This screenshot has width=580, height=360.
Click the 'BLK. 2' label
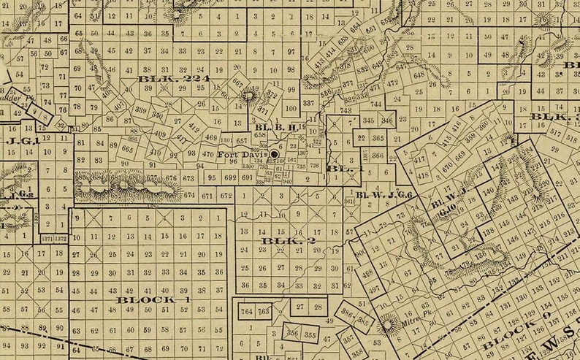(278, 240)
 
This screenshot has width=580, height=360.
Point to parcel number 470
(207, 154)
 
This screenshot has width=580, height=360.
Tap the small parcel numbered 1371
(47, 239)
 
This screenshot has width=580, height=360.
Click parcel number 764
(247, 312)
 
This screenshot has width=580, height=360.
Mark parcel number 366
(377, 156)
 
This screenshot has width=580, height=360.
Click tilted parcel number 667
(237, 83)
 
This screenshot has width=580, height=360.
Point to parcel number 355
(310, 335)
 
